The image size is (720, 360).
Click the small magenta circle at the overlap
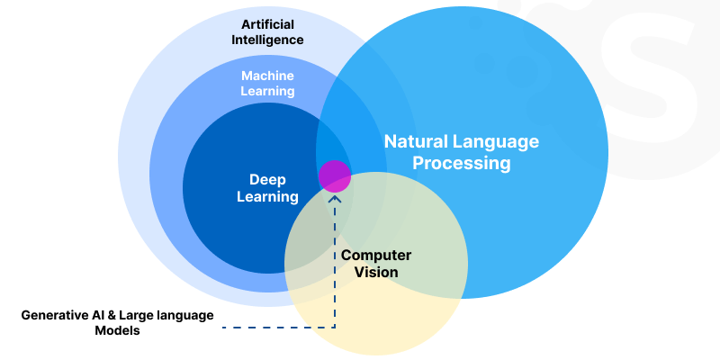click(335, 175)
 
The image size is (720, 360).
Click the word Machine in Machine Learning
click(268, 75)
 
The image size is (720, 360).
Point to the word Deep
click(267, 179)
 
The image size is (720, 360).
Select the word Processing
click(461, 164)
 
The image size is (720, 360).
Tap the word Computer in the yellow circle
click(376, 255)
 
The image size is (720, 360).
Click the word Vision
click(376, 272)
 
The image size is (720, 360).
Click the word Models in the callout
click(117, 330)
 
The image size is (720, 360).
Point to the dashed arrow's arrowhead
click(335, 195)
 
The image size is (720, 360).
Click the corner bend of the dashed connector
click(335, 327)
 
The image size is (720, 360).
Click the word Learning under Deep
click(267, 196)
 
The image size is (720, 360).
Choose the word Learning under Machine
click(268, 91)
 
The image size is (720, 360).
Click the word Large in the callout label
click(139, 314)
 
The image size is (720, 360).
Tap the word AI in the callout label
click(99, 314)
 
